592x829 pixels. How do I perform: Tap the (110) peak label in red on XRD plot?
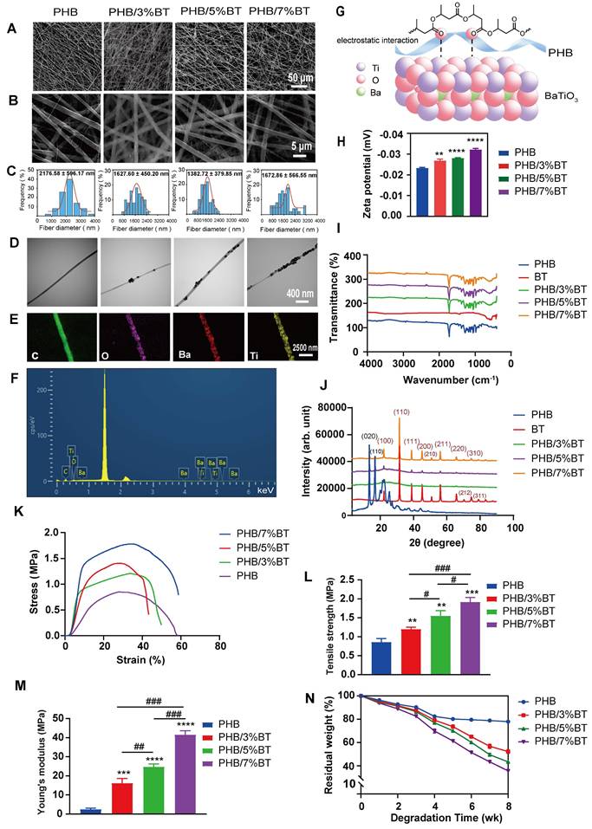[401, 411]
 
